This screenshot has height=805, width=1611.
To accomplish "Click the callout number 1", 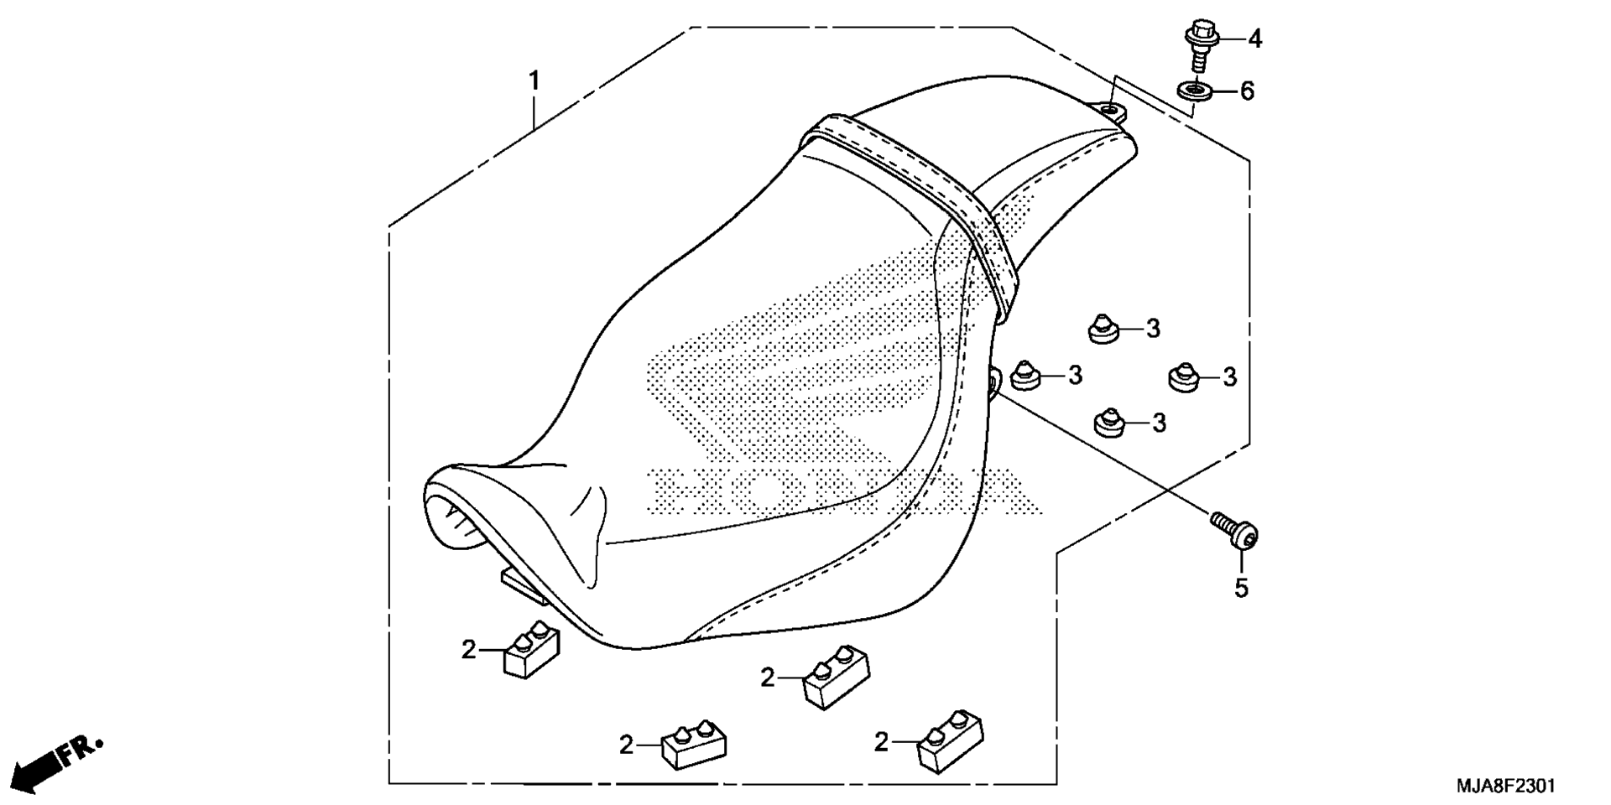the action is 534,81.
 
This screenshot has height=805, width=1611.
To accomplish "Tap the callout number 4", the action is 1254,39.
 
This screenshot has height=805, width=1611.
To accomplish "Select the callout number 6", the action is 1247,91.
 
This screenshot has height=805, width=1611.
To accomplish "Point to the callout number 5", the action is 1241,589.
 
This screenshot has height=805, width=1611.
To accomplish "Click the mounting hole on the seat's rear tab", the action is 1109,109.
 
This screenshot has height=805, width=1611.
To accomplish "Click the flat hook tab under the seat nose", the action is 524,586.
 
